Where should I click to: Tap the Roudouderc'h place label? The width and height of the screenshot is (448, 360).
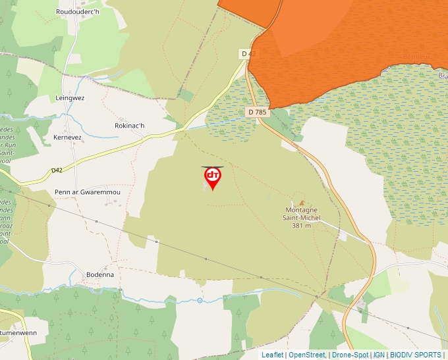[x=78, y=12]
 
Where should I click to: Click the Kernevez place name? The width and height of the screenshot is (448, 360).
[x=67, y=138]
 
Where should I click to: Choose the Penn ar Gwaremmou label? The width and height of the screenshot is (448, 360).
[x=88, y=192]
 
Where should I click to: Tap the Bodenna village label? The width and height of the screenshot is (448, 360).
[x=100, y=274]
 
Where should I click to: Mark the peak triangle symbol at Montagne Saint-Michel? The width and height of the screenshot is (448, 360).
[x=302, y=203]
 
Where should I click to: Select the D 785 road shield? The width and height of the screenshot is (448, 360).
[x=258, y=112]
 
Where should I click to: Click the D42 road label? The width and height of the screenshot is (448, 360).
[x=57, y=170]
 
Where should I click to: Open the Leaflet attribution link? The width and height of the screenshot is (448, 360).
[x=272, y=355]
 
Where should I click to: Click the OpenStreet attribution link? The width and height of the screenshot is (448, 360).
[x=306, y=355]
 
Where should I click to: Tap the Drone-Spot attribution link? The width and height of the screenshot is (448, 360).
[x=350, y=355]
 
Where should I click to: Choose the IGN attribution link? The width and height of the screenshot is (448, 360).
[x=379, y=355]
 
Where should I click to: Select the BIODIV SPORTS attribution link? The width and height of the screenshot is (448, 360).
[x=416, y=355]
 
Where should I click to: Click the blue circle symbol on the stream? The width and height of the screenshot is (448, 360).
[x=200, y=301]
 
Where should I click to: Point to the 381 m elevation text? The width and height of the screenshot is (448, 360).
[x=300, y=226]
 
